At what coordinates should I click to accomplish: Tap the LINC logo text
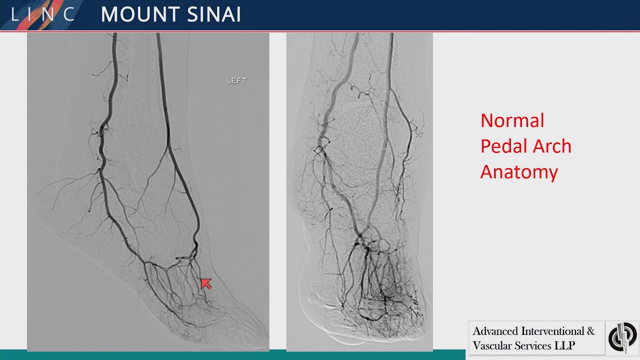43,14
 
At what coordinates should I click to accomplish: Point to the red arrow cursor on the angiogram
205,284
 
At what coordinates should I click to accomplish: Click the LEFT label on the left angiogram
236,80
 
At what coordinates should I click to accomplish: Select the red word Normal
512,120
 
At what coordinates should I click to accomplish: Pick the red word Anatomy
519,172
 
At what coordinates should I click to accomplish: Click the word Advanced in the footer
495,331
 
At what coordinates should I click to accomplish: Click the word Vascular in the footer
492,345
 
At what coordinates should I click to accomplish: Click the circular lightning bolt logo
622,337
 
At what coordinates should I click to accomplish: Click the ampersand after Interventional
590,331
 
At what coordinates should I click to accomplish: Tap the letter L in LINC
14,14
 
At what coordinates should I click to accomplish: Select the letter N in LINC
48,14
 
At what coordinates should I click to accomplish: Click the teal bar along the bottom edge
232,355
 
